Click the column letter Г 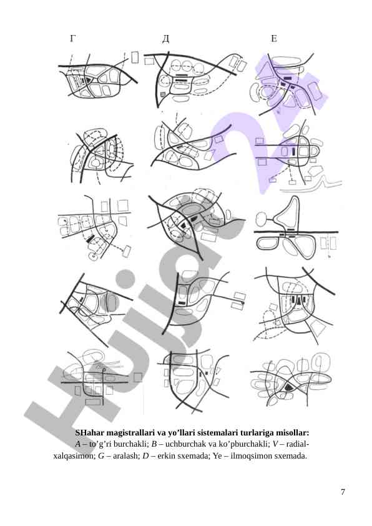coord(72,39)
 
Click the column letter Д coord(165,39)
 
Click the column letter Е coord(273,39)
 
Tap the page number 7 coord(343,492)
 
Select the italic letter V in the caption coord(275,444)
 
